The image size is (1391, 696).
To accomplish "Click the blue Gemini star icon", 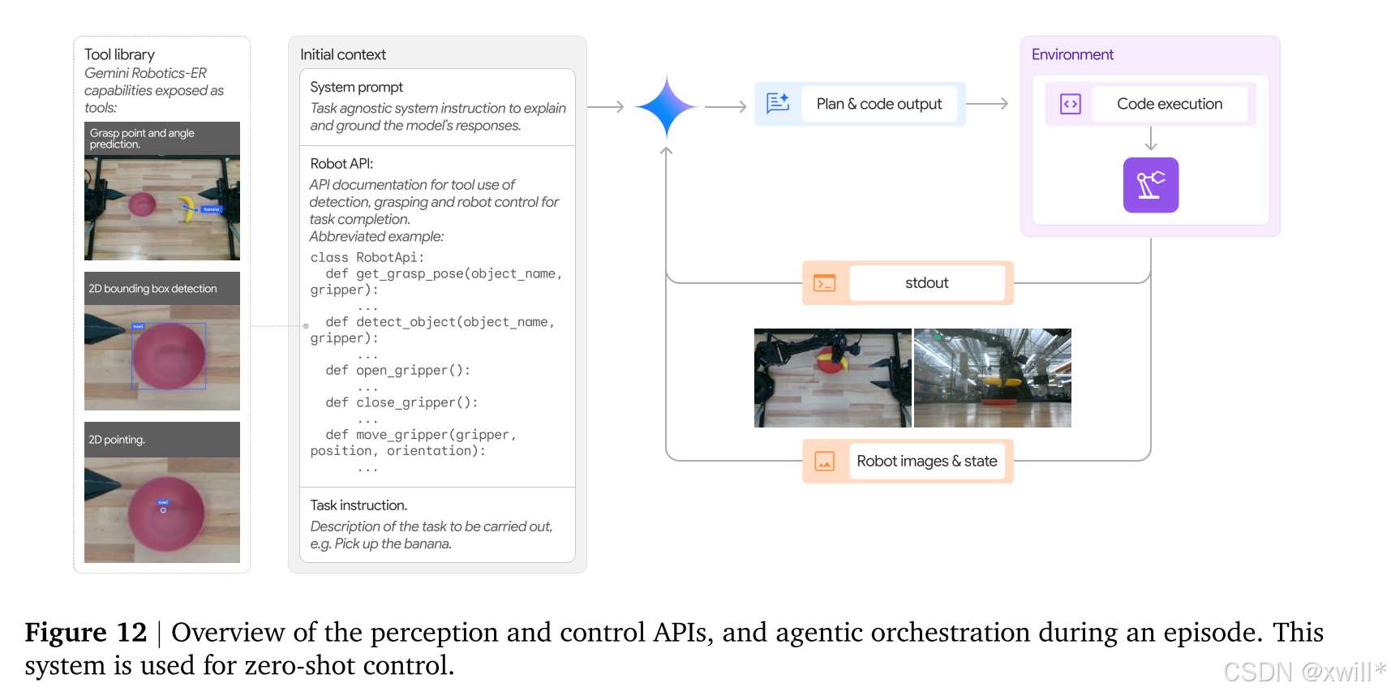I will tap(666, 106).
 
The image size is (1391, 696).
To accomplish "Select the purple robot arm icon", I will tap(1150, 185).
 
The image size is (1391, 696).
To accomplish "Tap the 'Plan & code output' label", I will tap(878, 104).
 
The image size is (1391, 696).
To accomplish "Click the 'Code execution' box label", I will tap(1169, 104).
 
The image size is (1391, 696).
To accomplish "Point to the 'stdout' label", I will tap(926, 283).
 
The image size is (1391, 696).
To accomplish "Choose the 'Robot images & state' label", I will tap(926, 462).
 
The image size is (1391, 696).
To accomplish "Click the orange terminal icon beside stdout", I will tap(824, 283).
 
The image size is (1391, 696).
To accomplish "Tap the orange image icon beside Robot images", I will tap(824, 462).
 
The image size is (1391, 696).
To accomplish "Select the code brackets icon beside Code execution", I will tap(1070, 104).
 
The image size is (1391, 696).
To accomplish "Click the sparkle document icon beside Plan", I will tap(778, 103).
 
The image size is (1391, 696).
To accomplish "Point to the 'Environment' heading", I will tap(1072, 54).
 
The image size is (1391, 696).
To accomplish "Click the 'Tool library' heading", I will tap(119, 54).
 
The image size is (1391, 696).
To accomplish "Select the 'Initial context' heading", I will tap(342, 54).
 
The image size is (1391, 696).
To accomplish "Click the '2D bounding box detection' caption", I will tap(152, 289).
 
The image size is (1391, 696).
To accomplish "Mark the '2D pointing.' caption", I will tap(117, 440).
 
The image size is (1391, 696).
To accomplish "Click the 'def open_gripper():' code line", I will tap(397, 371).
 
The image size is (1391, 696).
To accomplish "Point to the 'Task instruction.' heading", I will tap(358, 505).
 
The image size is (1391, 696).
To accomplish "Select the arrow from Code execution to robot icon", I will tap(1150, 139).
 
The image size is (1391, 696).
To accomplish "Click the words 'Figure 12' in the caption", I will tap(85, 632).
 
